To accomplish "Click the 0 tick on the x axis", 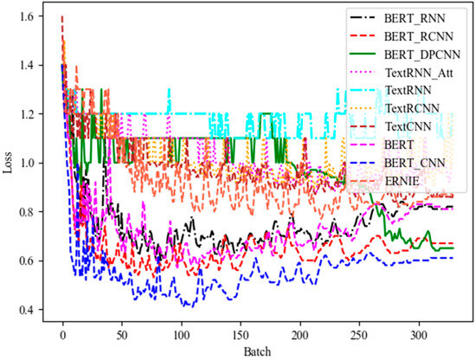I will point(62,334).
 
